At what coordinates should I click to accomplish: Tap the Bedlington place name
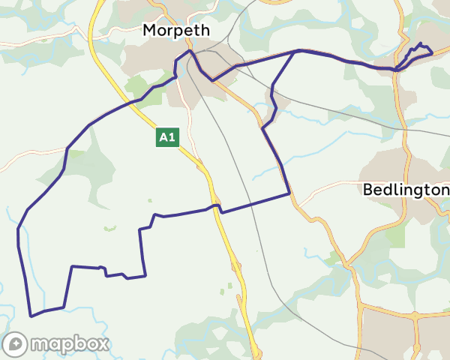tap(406, 190)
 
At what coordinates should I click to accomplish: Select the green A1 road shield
tap(167, 137)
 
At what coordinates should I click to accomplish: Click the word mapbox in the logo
tap(69, 344)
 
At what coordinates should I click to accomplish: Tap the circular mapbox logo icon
tap(16, 344)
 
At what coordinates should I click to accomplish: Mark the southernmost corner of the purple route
tap(31, 316)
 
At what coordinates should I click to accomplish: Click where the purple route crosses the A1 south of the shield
tap(217, 205)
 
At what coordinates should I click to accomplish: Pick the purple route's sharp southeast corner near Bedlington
tap(289, 194)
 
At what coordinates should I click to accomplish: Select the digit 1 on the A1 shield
tap(172, 137)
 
